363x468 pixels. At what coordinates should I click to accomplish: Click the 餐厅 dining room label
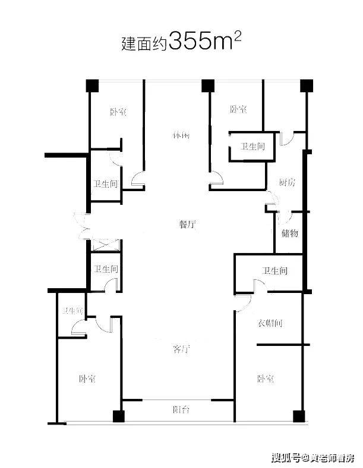pos(188,224)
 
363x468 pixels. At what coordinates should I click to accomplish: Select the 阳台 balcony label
pos(181,409)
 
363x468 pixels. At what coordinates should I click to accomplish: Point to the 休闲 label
pos(181,135)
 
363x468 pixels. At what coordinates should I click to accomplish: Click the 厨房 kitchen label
pos(287,183)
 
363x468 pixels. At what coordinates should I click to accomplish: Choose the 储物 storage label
pos(290,233)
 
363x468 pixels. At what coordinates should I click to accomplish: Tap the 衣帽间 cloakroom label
pos(270,323)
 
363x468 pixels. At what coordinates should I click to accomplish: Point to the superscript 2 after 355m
pos(238,36)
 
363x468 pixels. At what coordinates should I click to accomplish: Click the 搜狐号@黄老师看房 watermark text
pos(313,458)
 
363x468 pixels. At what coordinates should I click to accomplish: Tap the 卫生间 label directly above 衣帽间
pos(274,272)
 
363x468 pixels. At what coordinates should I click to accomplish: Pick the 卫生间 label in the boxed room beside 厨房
pos(252,146)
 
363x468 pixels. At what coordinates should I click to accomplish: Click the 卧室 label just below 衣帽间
pos(266,378)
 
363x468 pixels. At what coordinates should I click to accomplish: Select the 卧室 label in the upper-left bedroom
pos(118,112)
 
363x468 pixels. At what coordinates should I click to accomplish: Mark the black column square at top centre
pos(207,85)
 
